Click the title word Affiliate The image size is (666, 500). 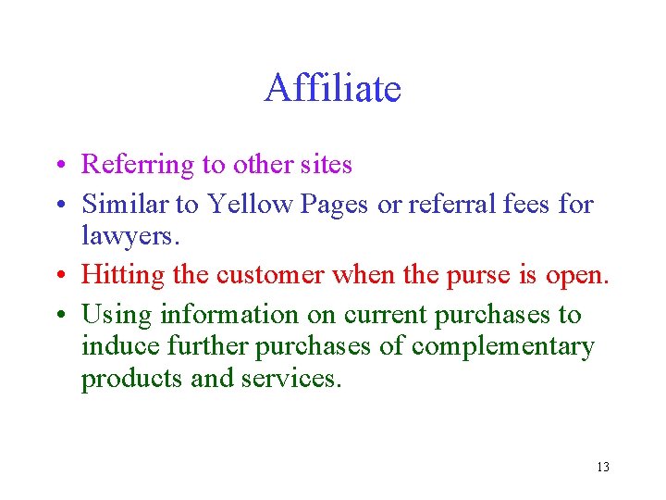click(332, 89)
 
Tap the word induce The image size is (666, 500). click(118, 346)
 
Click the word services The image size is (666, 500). click(296, 380)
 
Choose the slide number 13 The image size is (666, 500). click(603, 467)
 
